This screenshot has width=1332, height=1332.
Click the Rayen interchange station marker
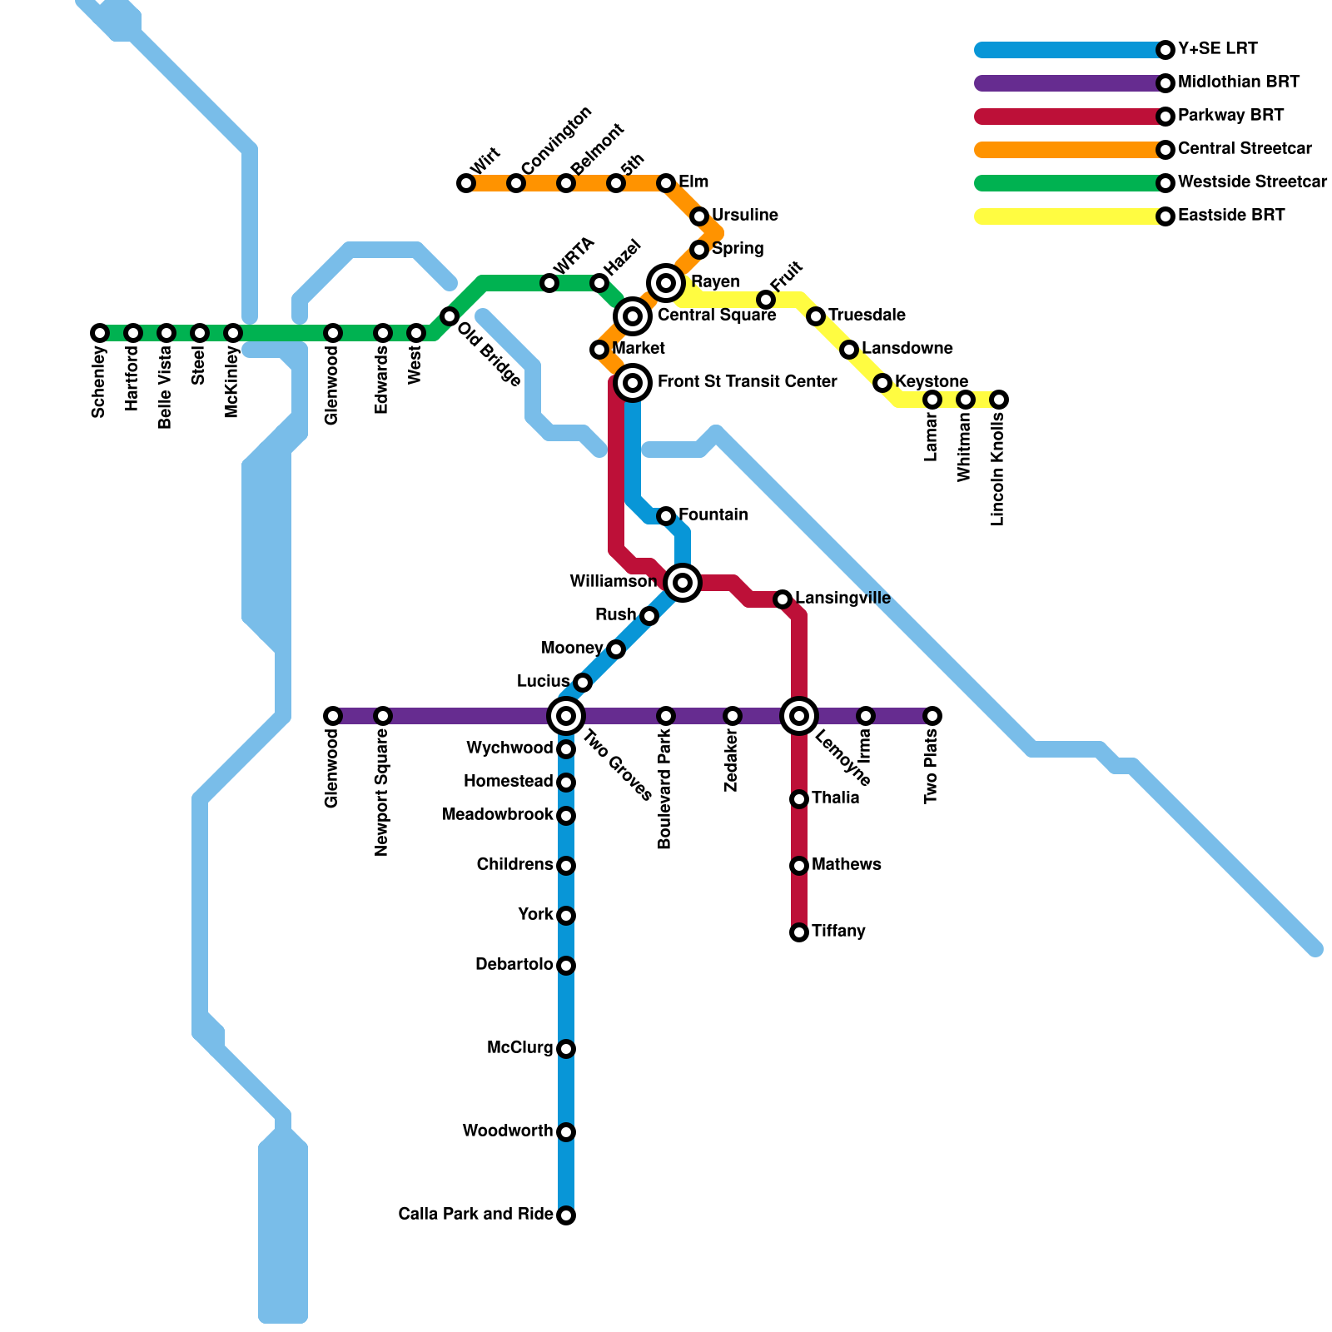pyautogui.click(x=666, y=283)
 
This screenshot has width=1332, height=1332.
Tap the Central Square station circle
pyautogui.click(x=633, y=316)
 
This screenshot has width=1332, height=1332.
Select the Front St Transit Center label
pyautogui.click(x=747, y=382)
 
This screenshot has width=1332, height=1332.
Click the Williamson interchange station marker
pyautogui.click(x=683, y=583)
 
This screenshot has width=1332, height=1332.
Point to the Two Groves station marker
pyautogui.click(x=566, y=716)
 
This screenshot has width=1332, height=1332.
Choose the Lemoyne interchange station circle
pyautogui.click(x=799, y=716)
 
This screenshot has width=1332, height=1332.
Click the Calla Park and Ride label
pyautogui.click(x=475, y=1215)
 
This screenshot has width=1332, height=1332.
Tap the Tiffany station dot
pyautogui.click(x=799, y=932)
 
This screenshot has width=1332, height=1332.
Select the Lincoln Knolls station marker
pyautogui.click(x=999, y=400)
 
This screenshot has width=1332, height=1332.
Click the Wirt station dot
pyautogui.click(x=466, y=183)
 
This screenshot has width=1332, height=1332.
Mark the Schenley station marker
pyautogui.click(x=100, y=333)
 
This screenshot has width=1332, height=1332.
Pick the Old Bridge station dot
pyautogui.click(x=450, y=316)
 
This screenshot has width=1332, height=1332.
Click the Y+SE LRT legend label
pyautogui.click(x=1217, y=49)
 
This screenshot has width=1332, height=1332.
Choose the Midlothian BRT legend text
pyautogui.click(x=1239, y=82)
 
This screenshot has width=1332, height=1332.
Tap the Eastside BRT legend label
pyautogui.click(x=1231, y=216)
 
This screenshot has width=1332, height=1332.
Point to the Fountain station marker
pyautogui.click(x=666, y=516)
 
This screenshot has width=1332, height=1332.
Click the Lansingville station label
pyautogui.click(x=842, y=599)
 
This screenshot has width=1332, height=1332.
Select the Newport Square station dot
pyautogui.click(x=383, y=716)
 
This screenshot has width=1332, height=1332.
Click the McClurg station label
pyautogui.click(x=519, y=1048)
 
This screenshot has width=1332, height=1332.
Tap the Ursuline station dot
pyautogui.click(x=699, y=216)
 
